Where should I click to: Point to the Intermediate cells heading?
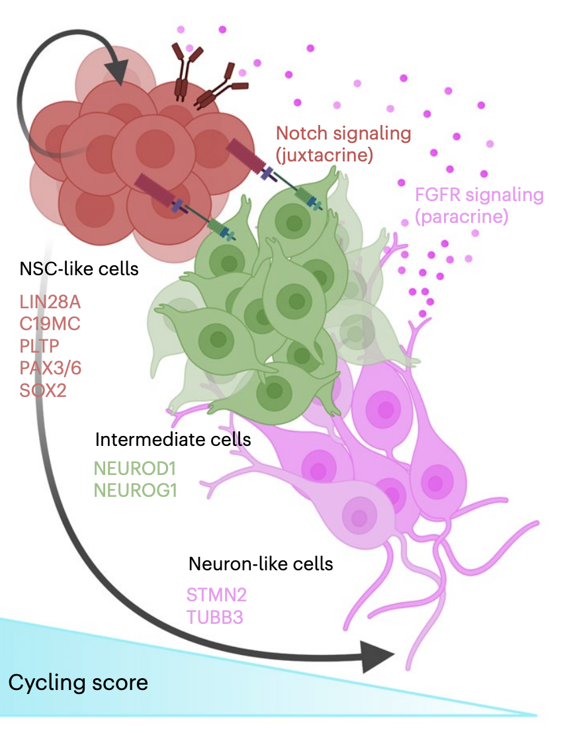(x=173, y=439)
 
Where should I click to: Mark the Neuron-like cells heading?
(x=260, y=564)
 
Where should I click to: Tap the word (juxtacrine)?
(x=325, y=156)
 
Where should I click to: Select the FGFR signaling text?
(x=479, y=196)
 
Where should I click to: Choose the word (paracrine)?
(x=461, y=216)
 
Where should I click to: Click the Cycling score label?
(x=78, y=682)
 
